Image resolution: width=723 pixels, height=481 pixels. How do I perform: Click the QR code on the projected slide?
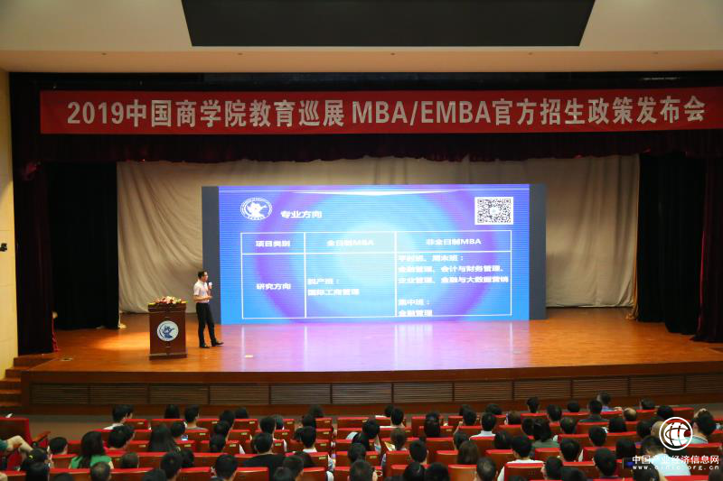493,210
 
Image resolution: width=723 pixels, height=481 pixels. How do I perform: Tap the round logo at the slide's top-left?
256,209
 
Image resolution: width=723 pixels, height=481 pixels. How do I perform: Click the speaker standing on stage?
205,309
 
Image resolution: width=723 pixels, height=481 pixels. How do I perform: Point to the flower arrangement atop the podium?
167,301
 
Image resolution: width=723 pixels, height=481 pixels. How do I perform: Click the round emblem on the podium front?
167,330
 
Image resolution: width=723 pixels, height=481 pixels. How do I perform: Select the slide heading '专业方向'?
301,215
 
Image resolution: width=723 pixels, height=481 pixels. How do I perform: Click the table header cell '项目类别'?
272,242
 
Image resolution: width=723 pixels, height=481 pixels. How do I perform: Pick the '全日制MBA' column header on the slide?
350,242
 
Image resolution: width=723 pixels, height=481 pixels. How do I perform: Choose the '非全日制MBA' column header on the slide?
452,242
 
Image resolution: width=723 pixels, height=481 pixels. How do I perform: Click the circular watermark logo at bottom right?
675,434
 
